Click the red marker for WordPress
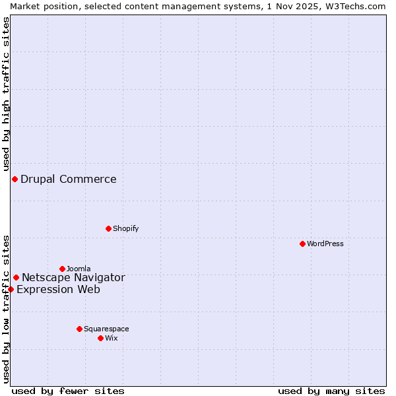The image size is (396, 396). tap(302, 244)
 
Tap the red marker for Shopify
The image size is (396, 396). tap(108, 228)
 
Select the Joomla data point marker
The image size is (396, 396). tap(62, 269)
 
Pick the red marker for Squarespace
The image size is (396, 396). tap(79, 329)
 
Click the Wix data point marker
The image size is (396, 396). tap(100, 338)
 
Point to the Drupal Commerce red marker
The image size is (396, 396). tap(15, 179)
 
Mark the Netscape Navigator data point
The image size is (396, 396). tap(16, 277)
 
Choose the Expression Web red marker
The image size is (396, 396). tap(11, 289)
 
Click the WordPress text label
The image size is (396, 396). tap(325, 244)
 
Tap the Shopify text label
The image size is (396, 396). tap(125, 228)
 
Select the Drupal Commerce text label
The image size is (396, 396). tap(69, 179)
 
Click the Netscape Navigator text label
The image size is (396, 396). tap(73, 277)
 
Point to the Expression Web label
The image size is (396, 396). tap(58, 289)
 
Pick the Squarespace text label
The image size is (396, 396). tap(106, 329)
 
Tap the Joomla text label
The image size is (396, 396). tap(79, 269)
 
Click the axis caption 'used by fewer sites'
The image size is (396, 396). tap(68, 391)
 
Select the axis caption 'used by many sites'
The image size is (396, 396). tap(331, 391)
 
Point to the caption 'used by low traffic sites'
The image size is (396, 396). tap(6, 309)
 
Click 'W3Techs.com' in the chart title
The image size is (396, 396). tap(354, 6)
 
